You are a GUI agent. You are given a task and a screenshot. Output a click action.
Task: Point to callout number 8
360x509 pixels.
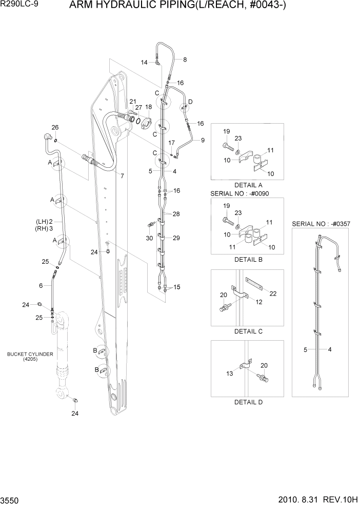coord(185,60)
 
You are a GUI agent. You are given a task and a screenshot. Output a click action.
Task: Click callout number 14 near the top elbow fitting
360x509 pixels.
coord(144,62)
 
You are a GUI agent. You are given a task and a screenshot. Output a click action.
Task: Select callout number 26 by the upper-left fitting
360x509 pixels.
coord(55,127)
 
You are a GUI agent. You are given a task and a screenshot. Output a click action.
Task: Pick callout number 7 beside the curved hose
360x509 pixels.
coord(122,176)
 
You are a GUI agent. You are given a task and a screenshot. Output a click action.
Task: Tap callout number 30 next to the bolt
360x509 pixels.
coord(149,238)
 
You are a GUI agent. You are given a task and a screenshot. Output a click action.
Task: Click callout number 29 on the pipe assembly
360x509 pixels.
coord(176,238)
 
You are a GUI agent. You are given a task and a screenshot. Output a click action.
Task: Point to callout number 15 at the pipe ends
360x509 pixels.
coord(177,286)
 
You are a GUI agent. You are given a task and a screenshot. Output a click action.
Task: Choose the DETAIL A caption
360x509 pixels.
coord(248,185)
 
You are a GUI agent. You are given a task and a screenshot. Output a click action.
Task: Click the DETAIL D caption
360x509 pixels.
coord(248,402)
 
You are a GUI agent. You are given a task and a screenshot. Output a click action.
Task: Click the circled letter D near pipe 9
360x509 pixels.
coord(190,102)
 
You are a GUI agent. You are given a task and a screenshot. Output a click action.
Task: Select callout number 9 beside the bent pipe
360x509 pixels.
coord(202,140)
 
